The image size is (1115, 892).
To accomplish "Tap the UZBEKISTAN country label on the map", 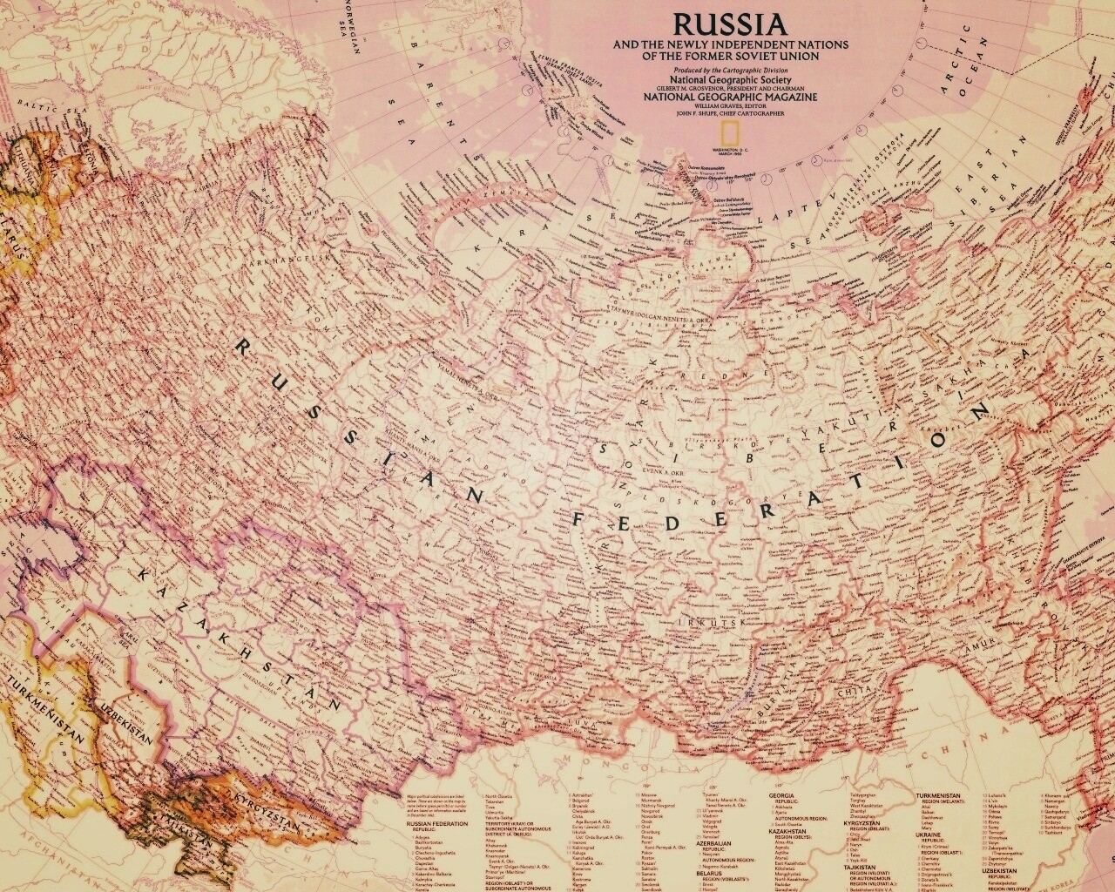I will click(x=127, y=722).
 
